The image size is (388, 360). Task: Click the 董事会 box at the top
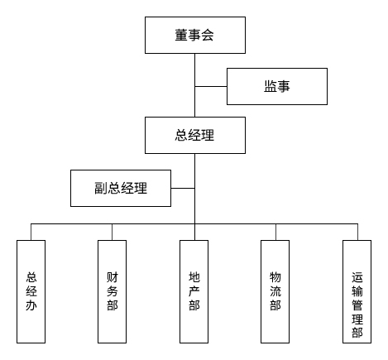pyautogui.click(x=194, y=36)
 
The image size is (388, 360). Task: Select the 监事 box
pyautogui.click(x=276, y=85)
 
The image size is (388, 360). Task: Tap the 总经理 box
pyautogui.click(x=194, y=135)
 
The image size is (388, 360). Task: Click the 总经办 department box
pyautogui.click(x=31, y=290)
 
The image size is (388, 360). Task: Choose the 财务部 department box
pyautogui.click(x=113, y=290)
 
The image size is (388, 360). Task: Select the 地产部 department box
pyautogui.click(x=194, y=290)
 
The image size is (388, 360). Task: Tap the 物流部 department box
pyautogui.click(x=275, y=290)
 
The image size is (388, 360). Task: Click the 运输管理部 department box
pyautogui.click(x=357, y=290)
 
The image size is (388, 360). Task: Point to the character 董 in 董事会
pyautogui.click(x=181, y=36)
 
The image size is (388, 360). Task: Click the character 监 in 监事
pyautogui.click(x=270, y=85)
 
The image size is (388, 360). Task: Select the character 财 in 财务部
pyautogui.click(x=113, y=276)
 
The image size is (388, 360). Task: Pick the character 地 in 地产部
pyautogui.click(x=194, y=276)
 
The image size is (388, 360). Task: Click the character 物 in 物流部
pyautogui.click(x=275, y=276)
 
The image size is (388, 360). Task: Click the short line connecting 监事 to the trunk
pyautogui.click(x=211, y=85)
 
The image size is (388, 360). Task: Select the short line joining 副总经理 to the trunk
pyautogui.click(x=183, y=188)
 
